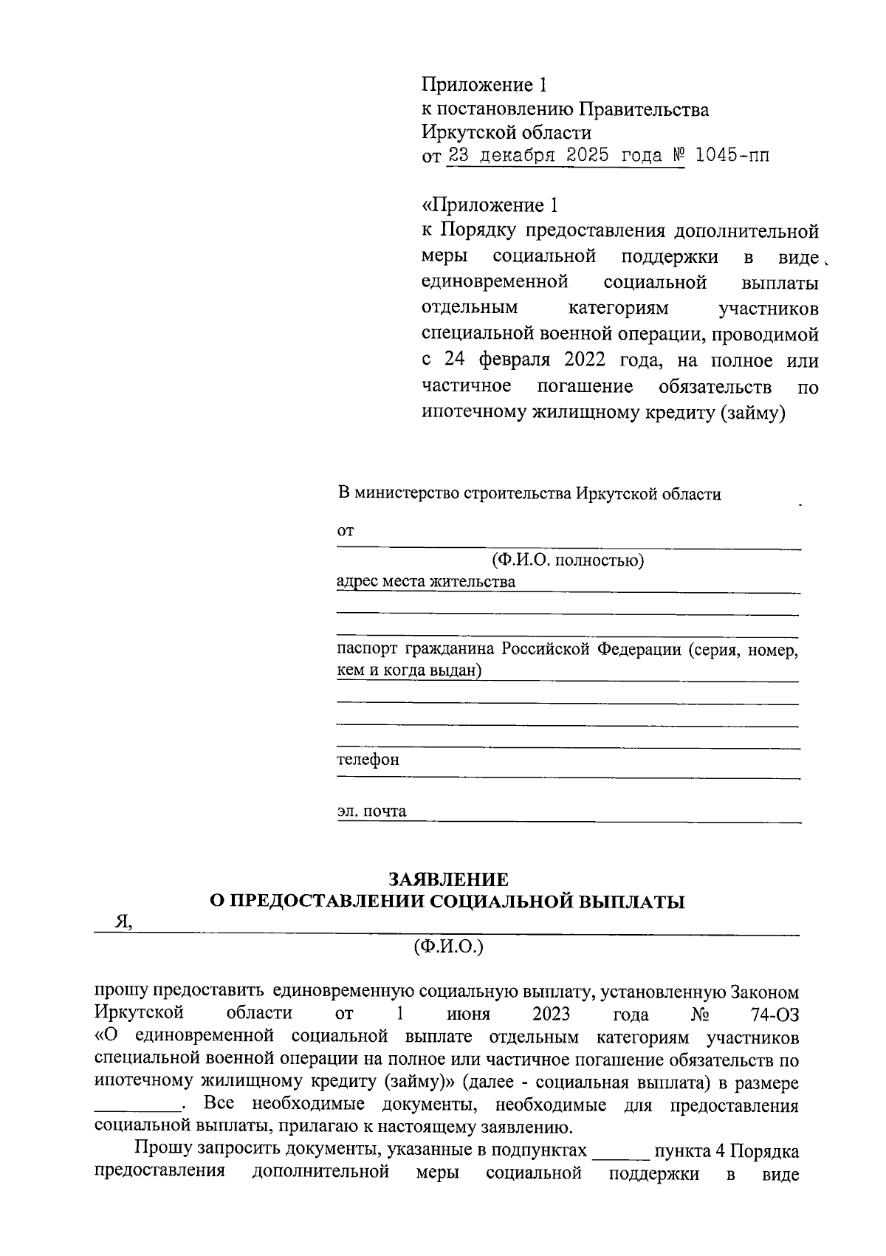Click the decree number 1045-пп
tap(727, 157)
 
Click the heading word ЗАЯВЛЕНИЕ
tap(448, 879)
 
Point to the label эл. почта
tap(371, 811)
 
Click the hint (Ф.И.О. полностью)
tap(568, 560)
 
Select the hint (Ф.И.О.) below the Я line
tap(448, 946)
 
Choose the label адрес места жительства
tap(425, 581)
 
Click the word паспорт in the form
tap(366, 650)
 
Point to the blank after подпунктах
tap(620, 1152)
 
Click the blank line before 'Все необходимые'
tap(138, 1108)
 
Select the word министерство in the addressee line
tap(407, 494)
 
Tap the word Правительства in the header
tap(643, 110)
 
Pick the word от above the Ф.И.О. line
tap(345, 530)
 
